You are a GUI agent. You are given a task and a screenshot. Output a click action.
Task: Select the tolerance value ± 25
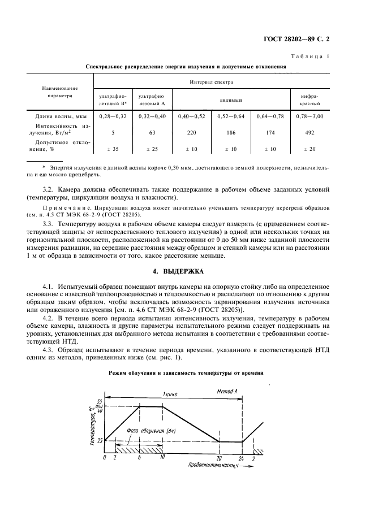[x=151, y=150]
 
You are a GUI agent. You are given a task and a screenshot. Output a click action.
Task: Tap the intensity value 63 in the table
[x=151, y=133]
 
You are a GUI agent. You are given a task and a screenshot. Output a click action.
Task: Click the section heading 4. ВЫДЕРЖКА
[x=186, y=271]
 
